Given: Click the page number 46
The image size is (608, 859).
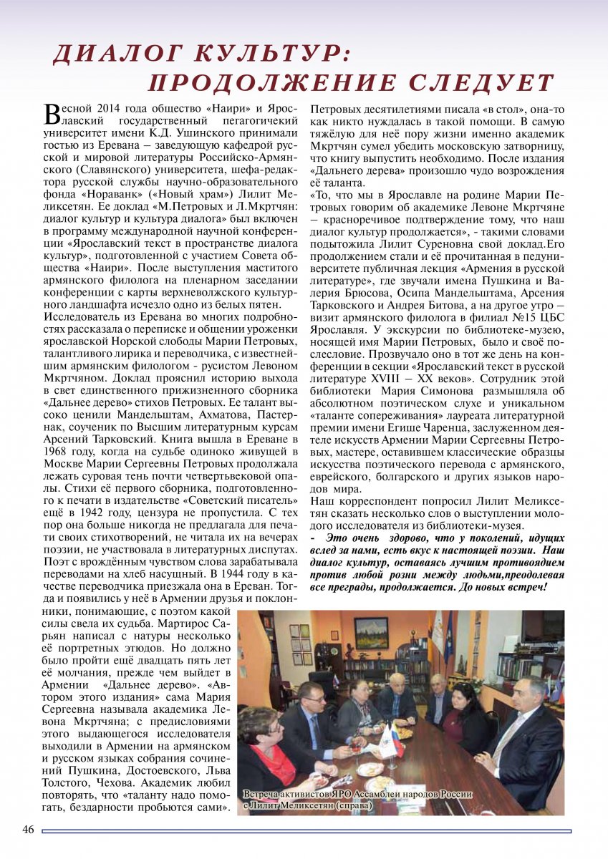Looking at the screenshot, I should (x=28, y=830).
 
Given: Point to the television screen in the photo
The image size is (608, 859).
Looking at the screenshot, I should (x=542, y=626).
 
